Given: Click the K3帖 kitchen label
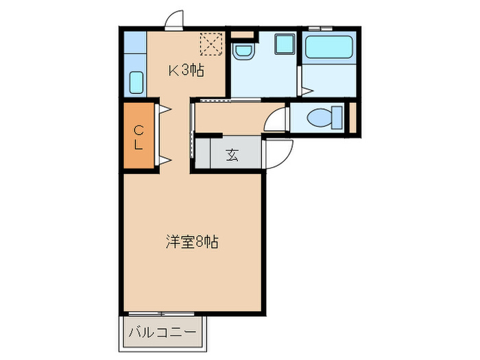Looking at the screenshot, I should [x=187, y=70].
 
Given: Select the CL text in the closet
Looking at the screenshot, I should [x=139, y=136].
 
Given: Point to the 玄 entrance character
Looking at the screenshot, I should [x=232, y=155].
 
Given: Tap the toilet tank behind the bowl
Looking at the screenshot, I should [x=337, y=117].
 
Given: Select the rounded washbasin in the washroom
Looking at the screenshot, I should [x=242, y=51].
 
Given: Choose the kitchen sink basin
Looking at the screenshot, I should [x=136, y=83].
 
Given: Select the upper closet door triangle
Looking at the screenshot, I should [x=165, y=108].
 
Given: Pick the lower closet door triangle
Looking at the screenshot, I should [x=165, y=161].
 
